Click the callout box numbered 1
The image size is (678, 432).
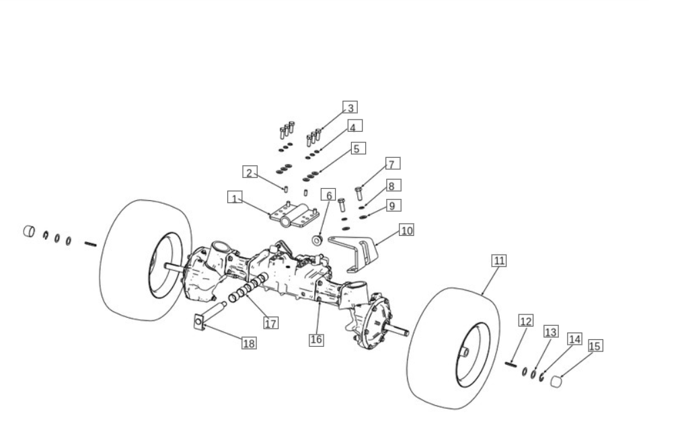click(235, 198)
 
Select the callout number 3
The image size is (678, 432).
click(350, 107)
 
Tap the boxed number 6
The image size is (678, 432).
click(328, 195)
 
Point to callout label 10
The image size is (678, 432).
click(406, 230)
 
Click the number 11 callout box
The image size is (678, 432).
click(499, 261)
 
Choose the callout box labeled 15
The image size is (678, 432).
click(595, 345)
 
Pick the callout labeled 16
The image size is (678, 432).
click(316, 339)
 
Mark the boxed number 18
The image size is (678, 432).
click(249, 343)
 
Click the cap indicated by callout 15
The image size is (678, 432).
click(556, 382)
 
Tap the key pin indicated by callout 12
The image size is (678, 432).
click(511, 365)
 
